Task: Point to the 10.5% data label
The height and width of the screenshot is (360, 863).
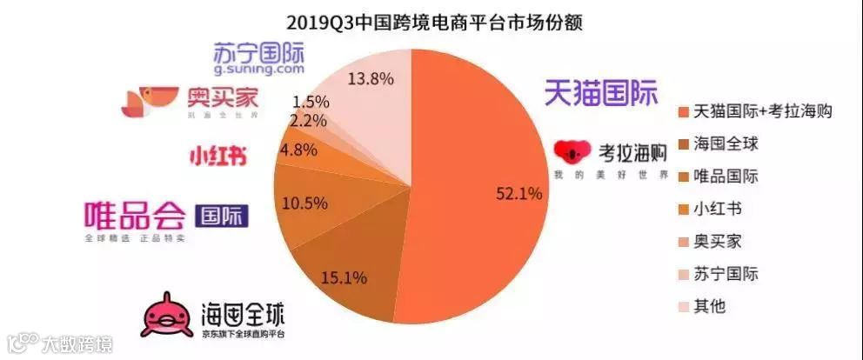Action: click(x=305, y=203)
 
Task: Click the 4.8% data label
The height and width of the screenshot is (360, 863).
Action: click(x=298, y=150)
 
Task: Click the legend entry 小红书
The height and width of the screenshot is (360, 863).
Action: click(x=718, y=209)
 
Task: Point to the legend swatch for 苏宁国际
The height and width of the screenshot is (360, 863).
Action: click(x=682, y=274)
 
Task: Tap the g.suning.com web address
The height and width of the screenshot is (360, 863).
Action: click(x=258, y=67)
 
